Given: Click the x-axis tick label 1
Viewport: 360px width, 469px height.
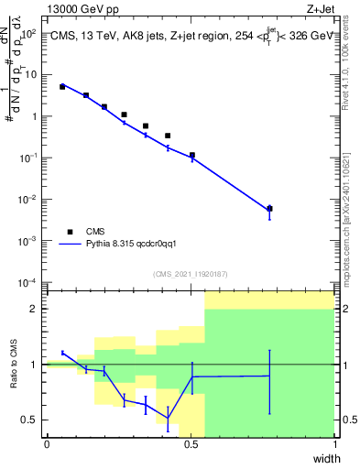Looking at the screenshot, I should tap(335, 444).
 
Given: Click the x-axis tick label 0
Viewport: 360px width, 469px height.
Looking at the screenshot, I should tap(47, 444).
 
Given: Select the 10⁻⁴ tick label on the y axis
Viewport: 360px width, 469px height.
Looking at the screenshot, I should tap(29, 282).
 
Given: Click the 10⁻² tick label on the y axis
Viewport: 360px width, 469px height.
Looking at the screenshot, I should tap(29, 199).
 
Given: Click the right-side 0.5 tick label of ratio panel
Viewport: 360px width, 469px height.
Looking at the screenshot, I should tap(347, 420).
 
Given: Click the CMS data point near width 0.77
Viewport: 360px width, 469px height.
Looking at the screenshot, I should tap(269, 209).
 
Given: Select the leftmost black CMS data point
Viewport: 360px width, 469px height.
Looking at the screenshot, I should tap(62, 86).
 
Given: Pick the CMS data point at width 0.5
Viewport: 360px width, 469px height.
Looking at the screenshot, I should tap(191, 156).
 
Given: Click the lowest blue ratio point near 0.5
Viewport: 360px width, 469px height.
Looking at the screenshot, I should tap(168, 419).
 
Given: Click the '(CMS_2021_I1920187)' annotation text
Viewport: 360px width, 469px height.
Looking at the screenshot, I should tap(191, 273).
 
